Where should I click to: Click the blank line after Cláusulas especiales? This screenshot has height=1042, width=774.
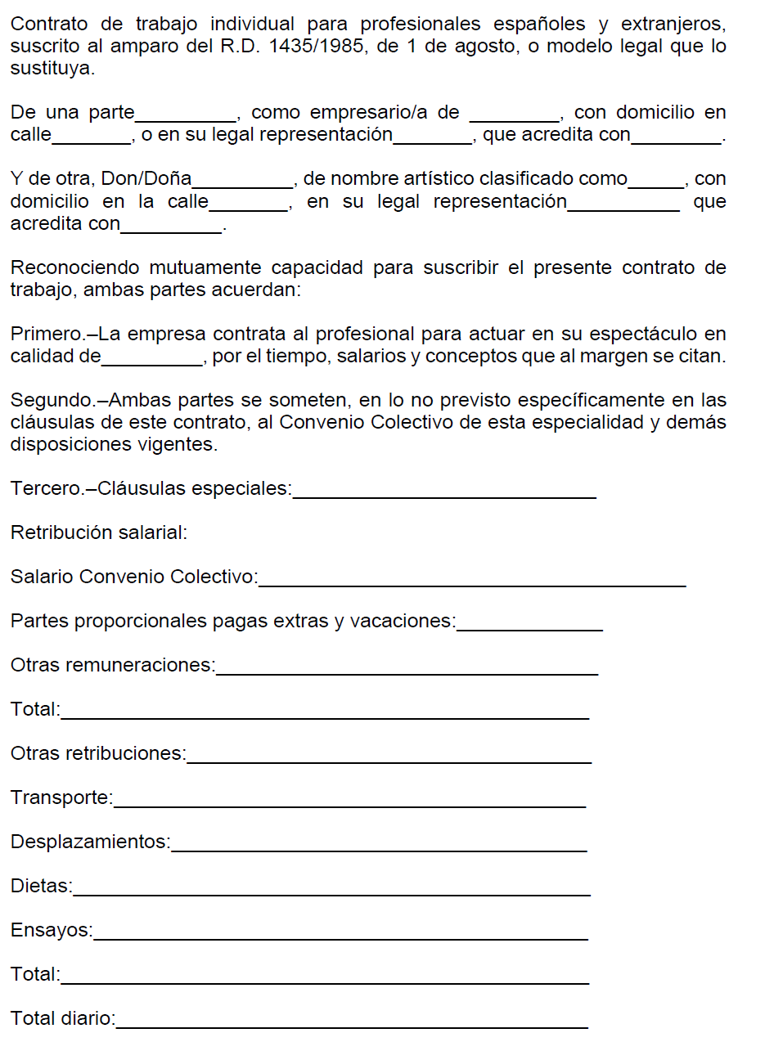tap(444, 492)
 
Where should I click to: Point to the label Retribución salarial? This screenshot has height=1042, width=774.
tap(99, 533)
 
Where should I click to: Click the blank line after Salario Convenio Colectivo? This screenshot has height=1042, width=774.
tap(471, 581)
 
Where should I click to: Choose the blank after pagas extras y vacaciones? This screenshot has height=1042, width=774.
tap(529, 625)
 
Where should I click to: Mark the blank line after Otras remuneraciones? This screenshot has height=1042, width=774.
tap(407, 669)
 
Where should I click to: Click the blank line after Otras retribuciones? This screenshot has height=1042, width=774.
tap(389, 757)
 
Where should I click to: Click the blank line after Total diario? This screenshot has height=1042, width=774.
tap(352, 1022)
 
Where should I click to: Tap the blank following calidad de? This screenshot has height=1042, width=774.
tap(151, 360)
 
